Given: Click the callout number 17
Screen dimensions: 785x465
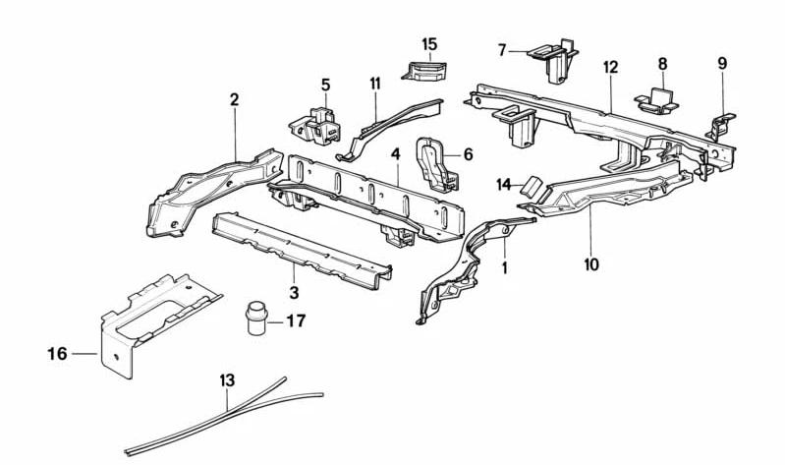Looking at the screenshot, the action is [296, 320].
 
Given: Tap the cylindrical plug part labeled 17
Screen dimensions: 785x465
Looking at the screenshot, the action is [257, 319].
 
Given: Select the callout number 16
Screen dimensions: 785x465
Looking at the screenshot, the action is [57, 354].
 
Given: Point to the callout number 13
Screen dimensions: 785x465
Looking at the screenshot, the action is [227, 380].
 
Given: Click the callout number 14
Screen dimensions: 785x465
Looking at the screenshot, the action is [504, 185].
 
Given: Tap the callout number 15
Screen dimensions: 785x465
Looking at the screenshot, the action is [429, 44].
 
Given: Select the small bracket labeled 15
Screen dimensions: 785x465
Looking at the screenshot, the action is [424, 70].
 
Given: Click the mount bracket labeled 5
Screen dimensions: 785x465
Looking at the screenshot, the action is [315, 126].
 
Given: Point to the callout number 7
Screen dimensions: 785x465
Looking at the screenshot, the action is [503, 50].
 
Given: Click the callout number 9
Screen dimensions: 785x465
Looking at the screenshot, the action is [722, 64].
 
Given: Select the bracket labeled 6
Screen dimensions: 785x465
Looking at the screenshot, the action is [436, 164].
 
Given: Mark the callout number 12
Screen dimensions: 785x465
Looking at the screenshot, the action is [611, 67].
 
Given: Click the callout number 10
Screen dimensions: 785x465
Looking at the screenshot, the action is [591, 264].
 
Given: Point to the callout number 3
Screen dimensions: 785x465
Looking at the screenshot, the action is [294, 292].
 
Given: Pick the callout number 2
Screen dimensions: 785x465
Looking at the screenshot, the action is [234, 99].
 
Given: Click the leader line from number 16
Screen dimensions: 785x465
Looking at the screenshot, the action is [84, 354].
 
